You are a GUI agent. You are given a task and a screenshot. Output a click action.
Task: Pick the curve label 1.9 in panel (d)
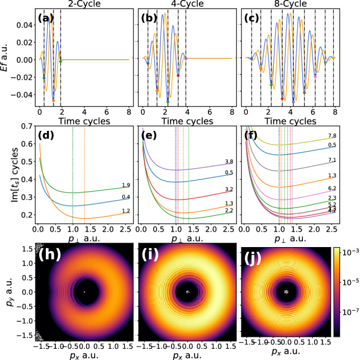[126, 186]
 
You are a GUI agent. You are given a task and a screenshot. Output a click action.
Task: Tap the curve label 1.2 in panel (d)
[126, 211]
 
